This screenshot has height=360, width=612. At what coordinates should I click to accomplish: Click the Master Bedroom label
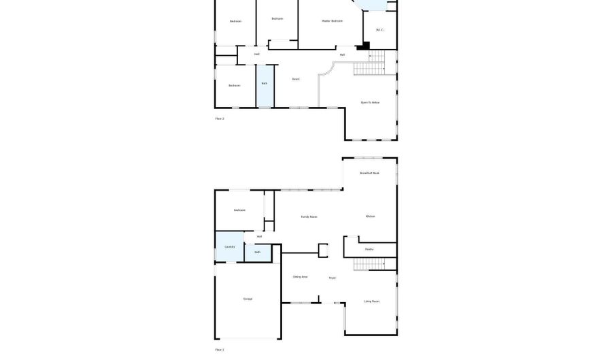coord(332,21)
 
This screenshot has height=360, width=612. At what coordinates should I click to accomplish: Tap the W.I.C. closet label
coord(380,30)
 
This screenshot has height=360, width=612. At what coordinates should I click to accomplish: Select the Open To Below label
coord(371,102)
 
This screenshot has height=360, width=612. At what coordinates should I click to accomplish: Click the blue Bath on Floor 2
coord(265,85)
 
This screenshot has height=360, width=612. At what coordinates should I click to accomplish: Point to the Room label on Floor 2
coord(296,79)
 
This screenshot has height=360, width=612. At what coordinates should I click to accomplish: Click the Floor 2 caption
coord(220,118)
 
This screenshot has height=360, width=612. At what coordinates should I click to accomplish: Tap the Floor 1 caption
coord(220,350)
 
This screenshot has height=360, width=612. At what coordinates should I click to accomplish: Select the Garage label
coord(248,299)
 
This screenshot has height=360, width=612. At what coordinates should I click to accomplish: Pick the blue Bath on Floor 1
coord(258,252)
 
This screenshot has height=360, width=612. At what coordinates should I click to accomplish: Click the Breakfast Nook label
coord(370,174)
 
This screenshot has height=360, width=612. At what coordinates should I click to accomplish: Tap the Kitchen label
coord(371,216)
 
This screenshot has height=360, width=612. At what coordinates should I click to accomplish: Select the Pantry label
coord(369,249)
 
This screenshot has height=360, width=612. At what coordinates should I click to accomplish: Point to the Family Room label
coord(309,216)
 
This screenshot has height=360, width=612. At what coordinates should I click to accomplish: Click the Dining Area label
coord(300,276)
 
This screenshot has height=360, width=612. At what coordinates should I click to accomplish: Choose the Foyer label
coord(333,278)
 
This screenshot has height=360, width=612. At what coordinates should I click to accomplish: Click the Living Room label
coord(371,301)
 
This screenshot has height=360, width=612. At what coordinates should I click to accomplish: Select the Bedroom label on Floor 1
coord(239,210)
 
